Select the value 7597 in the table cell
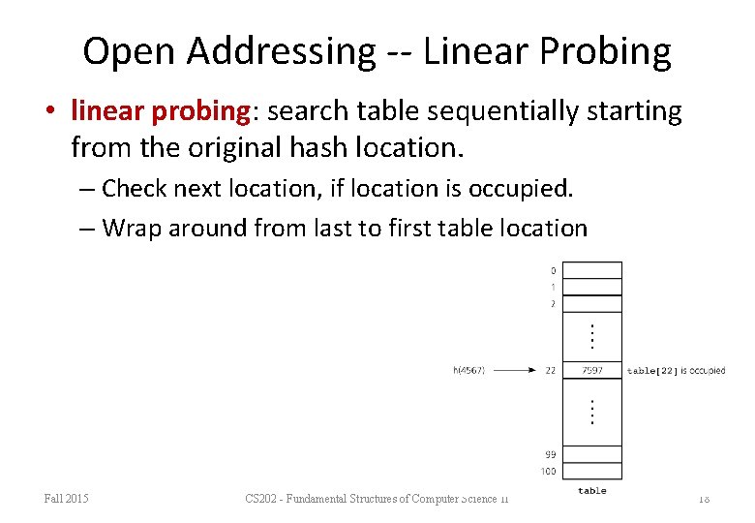point(592,370)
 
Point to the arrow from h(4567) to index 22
point(519,370)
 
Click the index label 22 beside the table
point(550,370)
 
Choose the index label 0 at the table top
point(552,270)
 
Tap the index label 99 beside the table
point(549,453)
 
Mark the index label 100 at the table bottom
point(548,472)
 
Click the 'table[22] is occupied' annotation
point(676,370)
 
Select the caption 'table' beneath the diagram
point(592,491)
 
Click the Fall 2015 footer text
point(66,499)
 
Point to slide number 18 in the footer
point(704,499)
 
